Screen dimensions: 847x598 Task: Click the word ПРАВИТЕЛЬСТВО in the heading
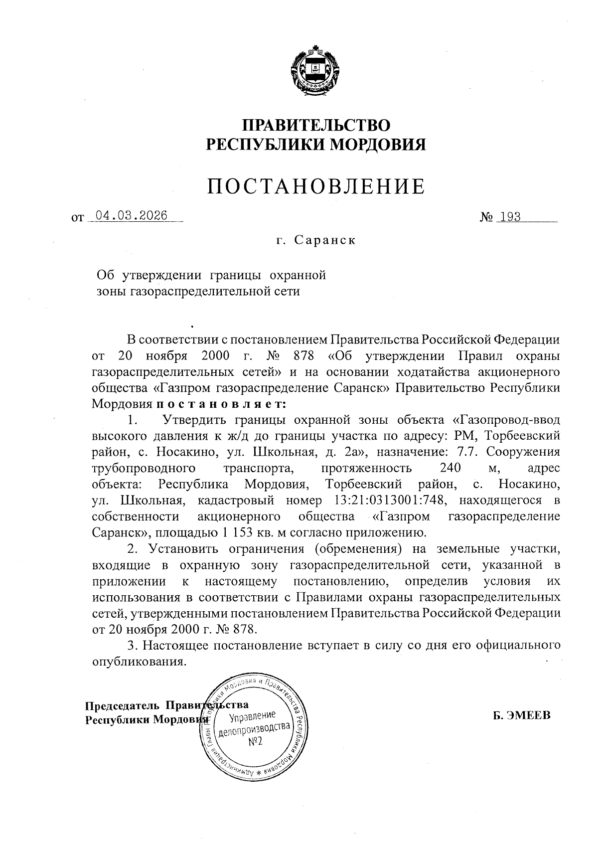[316, 125]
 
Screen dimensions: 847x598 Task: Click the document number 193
[510, 217]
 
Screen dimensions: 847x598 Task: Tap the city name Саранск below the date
[324, 240]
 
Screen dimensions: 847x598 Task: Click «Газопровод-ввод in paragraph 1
[505, 420]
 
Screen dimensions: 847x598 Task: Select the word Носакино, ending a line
[529, 484]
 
